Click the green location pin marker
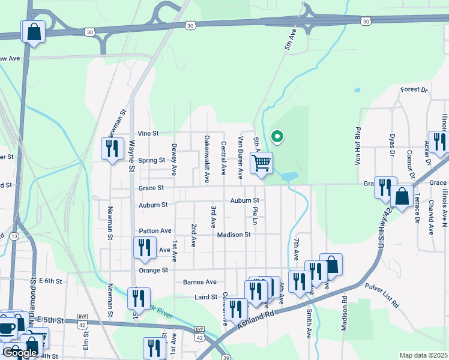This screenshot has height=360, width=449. pos(277,137)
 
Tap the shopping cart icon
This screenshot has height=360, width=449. pos(262,163)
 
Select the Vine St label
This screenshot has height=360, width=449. pos(148,133)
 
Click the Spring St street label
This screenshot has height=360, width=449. pos(151,161)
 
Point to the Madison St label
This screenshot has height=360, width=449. pos(234,235)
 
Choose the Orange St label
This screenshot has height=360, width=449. pos(154,271)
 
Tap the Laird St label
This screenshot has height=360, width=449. pos(205,297)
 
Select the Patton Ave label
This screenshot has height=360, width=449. pos(155,230)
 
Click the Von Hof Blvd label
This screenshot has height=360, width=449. pos(358,146)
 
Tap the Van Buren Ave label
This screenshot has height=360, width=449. pos(240,157)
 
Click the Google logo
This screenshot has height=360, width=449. pos(20,353)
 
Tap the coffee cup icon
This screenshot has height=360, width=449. pos(7,328)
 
